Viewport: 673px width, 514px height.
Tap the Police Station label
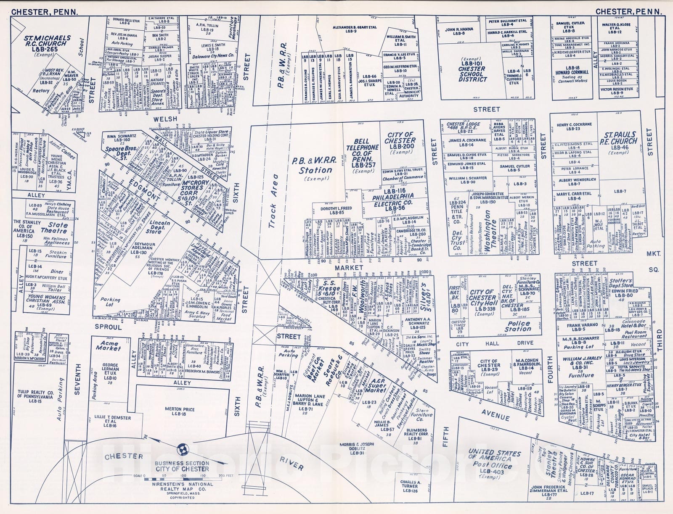[x=517, y=326]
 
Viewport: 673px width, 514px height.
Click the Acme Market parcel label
[x=108, y=345]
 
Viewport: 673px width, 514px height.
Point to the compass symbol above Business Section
[x=182, y=449]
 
